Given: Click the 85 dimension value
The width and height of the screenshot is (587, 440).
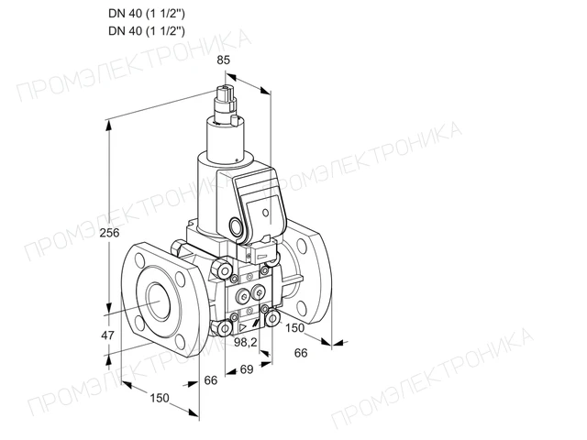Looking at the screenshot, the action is click(x=223, y=60).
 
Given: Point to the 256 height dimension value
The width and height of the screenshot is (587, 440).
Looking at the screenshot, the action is click(x=109, y=233).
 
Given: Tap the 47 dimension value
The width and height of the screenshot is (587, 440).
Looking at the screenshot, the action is click(x=108, y=335).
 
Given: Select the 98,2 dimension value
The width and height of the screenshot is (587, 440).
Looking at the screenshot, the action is click(x=246, y=342).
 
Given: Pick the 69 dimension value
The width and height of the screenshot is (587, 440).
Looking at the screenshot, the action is click(x=247, y=369).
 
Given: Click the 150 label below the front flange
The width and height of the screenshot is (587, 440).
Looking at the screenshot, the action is click(x=160, y=398).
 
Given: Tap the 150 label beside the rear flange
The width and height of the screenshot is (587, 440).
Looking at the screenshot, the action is click(x=295, y=328).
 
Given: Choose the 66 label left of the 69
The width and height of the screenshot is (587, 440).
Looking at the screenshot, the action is click(x=211, y=380).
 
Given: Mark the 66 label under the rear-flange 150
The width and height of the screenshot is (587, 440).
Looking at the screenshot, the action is click(x=301, y=353).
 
